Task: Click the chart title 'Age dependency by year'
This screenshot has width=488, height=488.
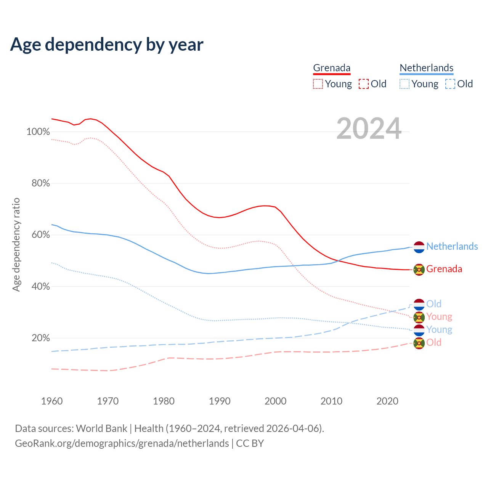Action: [107, 45]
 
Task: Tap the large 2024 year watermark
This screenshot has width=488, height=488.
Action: [369, 129]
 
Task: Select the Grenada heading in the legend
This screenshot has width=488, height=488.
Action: [332, 68]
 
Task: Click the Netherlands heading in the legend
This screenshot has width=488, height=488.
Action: [426, 68]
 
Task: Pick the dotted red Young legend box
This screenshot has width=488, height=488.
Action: [318, 84]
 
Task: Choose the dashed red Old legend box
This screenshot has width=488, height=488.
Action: [364, 84]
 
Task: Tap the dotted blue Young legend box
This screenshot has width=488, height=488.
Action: [405, 84]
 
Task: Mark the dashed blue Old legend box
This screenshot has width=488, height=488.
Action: [450, 84]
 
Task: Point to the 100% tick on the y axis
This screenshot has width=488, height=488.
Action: [38, 132]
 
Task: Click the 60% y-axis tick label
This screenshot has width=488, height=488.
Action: [40, 235]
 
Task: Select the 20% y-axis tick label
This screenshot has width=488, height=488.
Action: [40, 338]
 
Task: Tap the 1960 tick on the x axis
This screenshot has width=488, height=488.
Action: [52, 401]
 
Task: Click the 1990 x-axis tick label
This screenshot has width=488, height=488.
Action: [220, 401]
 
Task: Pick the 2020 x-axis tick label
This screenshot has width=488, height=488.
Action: [387, 401]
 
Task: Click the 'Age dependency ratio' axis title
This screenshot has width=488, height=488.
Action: [16, 244]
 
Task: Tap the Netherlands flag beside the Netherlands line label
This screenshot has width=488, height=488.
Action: [419, 247]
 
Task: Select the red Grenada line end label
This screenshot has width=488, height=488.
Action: [444, 269]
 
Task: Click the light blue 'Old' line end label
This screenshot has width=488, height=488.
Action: [434, 304]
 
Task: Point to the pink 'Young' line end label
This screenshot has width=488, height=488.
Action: [439, 317]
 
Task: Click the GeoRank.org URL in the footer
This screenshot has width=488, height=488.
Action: [122, 443]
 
